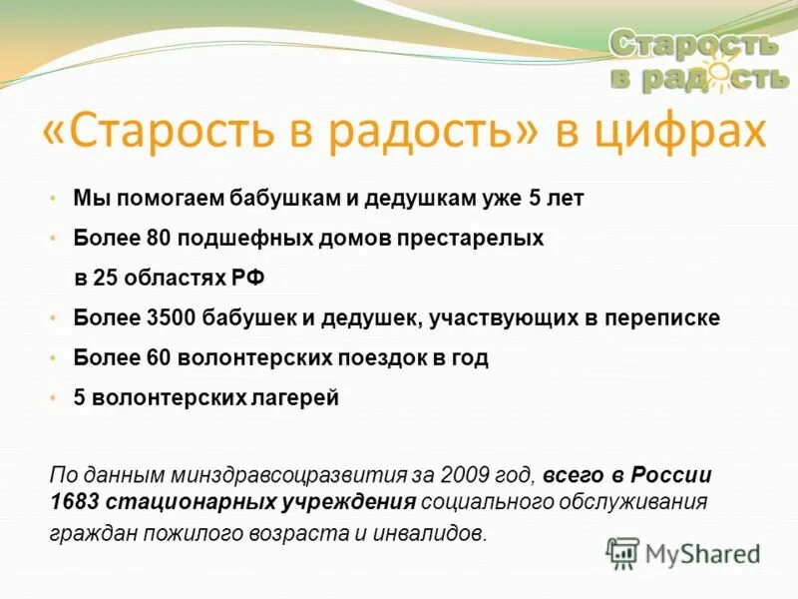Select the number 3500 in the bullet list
click(x=167, y=318)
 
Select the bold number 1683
click(x=72, y=502)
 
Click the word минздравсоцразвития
click(x=259, y=475)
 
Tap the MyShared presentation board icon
click(x=622, y=552)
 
